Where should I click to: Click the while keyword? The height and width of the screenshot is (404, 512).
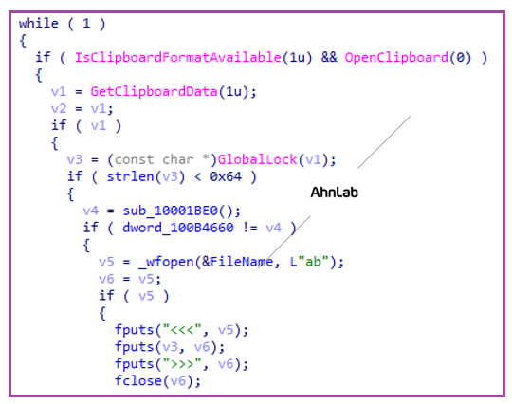click(x=39, y=24)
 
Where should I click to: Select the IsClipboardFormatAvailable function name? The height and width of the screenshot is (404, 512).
click(x=177, y=58)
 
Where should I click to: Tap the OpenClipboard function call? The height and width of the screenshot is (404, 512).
click(x=408, y=58)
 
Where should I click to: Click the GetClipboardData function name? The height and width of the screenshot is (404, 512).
click(x=154, y=91)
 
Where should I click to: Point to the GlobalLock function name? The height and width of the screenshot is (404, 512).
click(x=257, y=159)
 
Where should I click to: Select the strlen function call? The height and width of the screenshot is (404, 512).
click(x=146, y=176)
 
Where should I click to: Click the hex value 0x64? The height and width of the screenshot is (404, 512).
click(x=226, y=176)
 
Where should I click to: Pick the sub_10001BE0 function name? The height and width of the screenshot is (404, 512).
click(x=170, y=211)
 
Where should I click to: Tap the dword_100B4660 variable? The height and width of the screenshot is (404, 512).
click(x=178, y=228)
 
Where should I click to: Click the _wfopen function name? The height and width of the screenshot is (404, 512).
click(x=166, y=262)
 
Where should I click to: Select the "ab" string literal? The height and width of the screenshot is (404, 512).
click(x=313, y=262)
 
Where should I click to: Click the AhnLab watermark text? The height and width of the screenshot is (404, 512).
click(x=334, y=193)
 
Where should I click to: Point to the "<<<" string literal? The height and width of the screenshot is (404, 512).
click(x=182, y=330)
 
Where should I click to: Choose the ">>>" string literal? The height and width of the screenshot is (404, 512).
click(x=182, y=364)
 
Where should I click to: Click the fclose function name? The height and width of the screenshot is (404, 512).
click(x=138, y=381)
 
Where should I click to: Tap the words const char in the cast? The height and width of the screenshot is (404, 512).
click(x=154, y=159)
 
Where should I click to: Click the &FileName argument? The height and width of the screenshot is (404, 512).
click(x=237, y=262)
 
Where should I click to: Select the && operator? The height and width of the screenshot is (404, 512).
click(x=329, y=58)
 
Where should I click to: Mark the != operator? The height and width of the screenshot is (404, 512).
click(x=249, y=228)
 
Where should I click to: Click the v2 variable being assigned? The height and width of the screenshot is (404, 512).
click(x=59, y=109)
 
